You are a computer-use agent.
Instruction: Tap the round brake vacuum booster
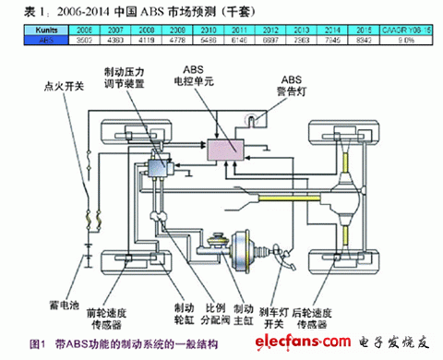246,243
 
